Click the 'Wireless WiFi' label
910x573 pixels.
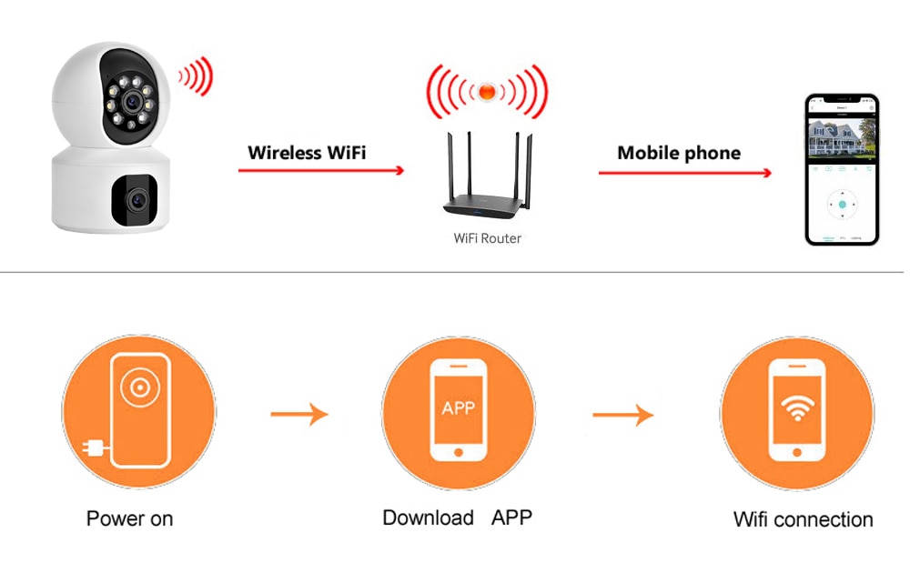(307, 152)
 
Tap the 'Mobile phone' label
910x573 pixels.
(679, 153)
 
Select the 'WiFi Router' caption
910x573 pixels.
(488, 238)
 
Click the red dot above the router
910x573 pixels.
(488, 91)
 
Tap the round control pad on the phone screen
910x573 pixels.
(843, 205)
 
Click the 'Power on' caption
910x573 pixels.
(129, 519)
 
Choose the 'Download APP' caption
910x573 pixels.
(457, 518)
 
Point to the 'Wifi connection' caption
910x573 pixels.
(803, 520)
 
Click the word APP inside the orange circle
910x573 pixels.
(458, 407)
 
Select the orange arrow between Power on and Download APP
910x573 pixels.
(298, 415)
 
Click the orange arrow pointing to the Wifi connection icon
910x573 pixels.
(622, 416)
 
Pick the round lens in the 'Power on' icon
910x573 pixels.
(138, 389)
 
